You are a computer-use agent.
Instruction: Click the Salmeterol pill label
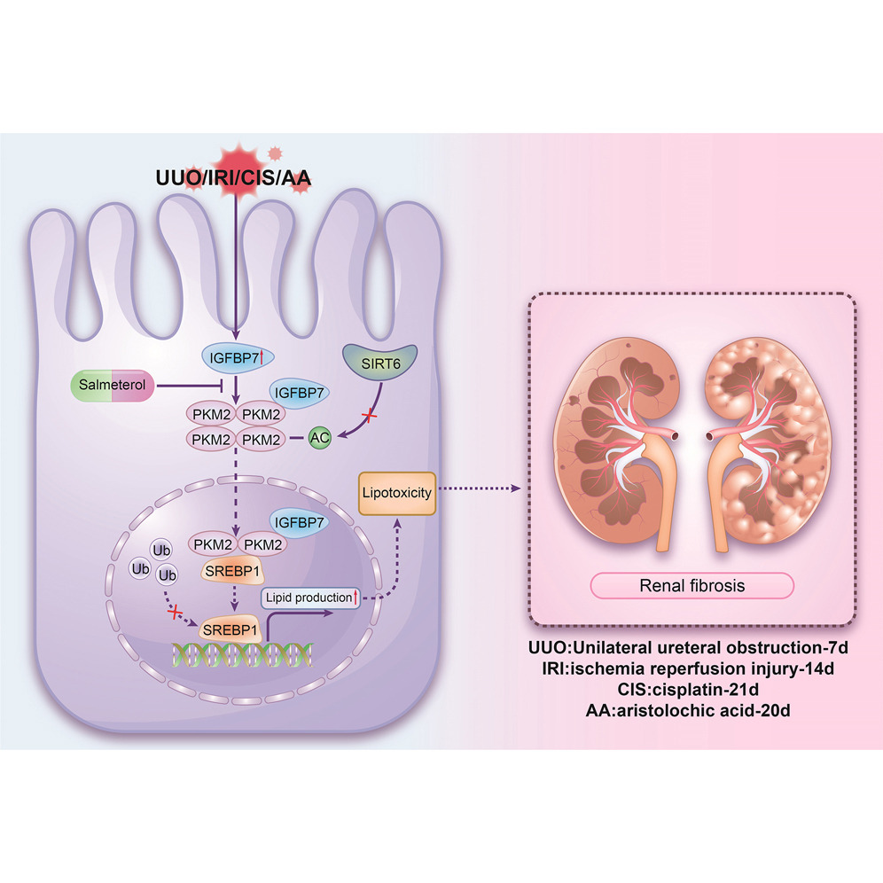[113, 386]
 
